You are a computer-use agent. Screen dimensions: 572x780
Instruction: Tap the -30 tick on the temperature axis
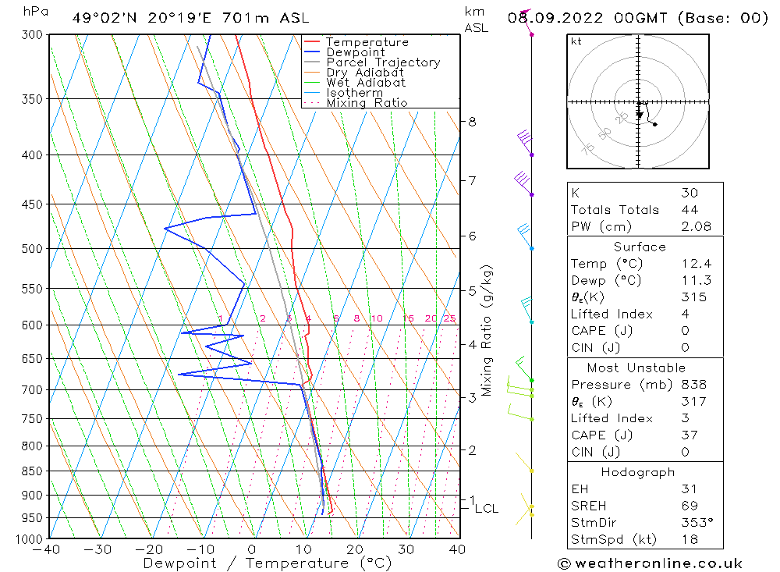click(x=98, y=549)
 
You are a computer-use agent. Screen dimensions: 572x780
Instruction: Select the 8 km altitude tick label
click(x=472, y=122)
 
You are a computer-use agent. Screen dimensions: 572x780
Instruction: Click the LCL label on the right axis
click(x=486, y=509)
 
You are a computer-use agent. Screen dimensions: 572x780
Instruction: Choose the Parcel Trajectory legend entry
click(x=383, y=62)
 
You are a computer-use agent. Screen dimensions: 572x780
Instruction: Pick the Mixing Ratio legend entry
click(x=367, y=102)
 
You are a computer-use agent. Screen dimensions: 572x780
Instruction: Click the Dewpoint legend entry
click(x=356, y=52)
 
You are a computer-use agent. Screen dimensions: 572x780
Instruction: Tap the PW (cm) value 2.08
click(x=690, y=226)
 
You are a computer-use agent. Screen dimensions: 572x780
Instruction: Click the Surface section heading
click(x=640, y=247)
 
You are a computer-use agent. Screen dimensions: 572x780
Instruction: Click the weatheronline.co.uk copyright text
click(x=650, y=563)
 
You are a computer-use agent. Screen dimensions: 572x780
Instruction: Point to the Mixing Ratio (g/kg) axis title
click(x=487, y=330)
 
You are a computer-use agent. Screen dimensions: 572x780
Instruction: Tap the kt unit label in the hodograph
click(x=576, y=41)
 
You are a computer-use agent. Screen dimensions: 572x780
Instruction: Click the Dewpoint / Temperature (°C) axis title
click(x=268, y=563)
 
